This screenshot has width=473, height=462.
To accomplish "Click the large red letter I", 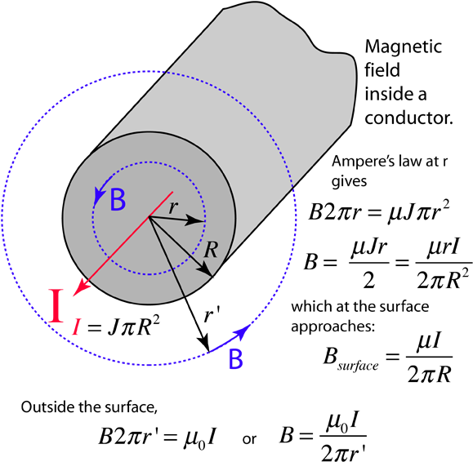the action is point(56,305).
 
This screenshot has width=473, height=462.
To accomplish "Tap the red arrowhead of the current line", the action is point(81,287).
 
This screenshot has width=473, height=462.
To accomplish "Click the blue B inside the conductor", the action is point(118,199).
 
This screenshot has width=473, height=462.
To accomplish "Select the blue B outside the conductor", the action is point(235,358).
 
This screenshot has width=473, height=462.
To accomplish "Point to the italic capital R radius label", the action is point(210,250).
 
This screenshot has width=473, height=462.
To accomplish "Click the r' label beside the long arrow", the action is point(211,316).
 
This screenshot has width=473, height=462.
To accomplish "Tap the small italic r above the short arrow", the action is point(173,207).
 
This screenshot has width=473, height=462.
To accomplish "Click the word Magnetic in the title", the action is point(404,47).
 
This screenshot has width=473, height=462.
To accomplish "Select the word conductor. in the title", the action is point(408,118).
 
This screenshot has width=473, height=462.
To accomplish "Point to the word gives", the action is point(350,182).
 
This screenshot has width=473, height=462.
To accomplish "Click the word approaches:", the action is point(332,327).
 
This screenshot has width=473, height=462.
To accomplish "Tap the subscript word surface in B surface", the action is point(358,366).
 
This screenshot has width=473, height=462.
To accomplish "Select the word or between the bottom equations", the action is point(249,439).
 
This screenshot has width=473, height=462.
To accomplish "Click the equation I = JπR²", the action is point(115,327).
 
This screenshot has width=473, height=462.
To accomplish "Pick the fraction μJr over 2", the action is point(369,264).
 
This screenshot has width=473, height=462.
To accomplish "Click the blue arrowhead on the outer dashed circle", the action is point(243,331).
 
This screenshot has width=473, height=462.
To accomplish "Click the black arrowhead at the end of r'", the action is point(204,343).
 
